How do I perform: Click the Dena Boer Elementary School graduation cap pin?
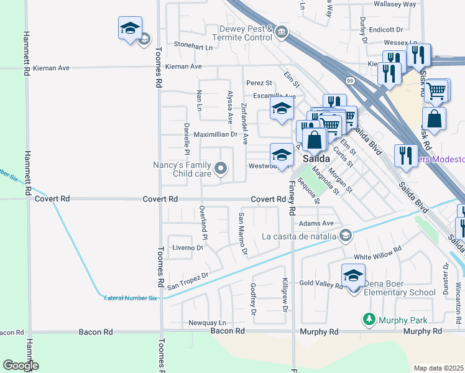point(353,276)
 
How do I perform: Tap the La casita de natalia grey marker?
point(346,236)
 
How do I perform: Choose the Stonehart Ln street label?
point(193,45)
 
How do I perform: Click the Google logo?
point(21,366)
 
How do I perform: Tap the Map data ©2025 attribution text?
point(438,368)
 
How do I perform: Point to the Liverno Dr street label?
point(188,247)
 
